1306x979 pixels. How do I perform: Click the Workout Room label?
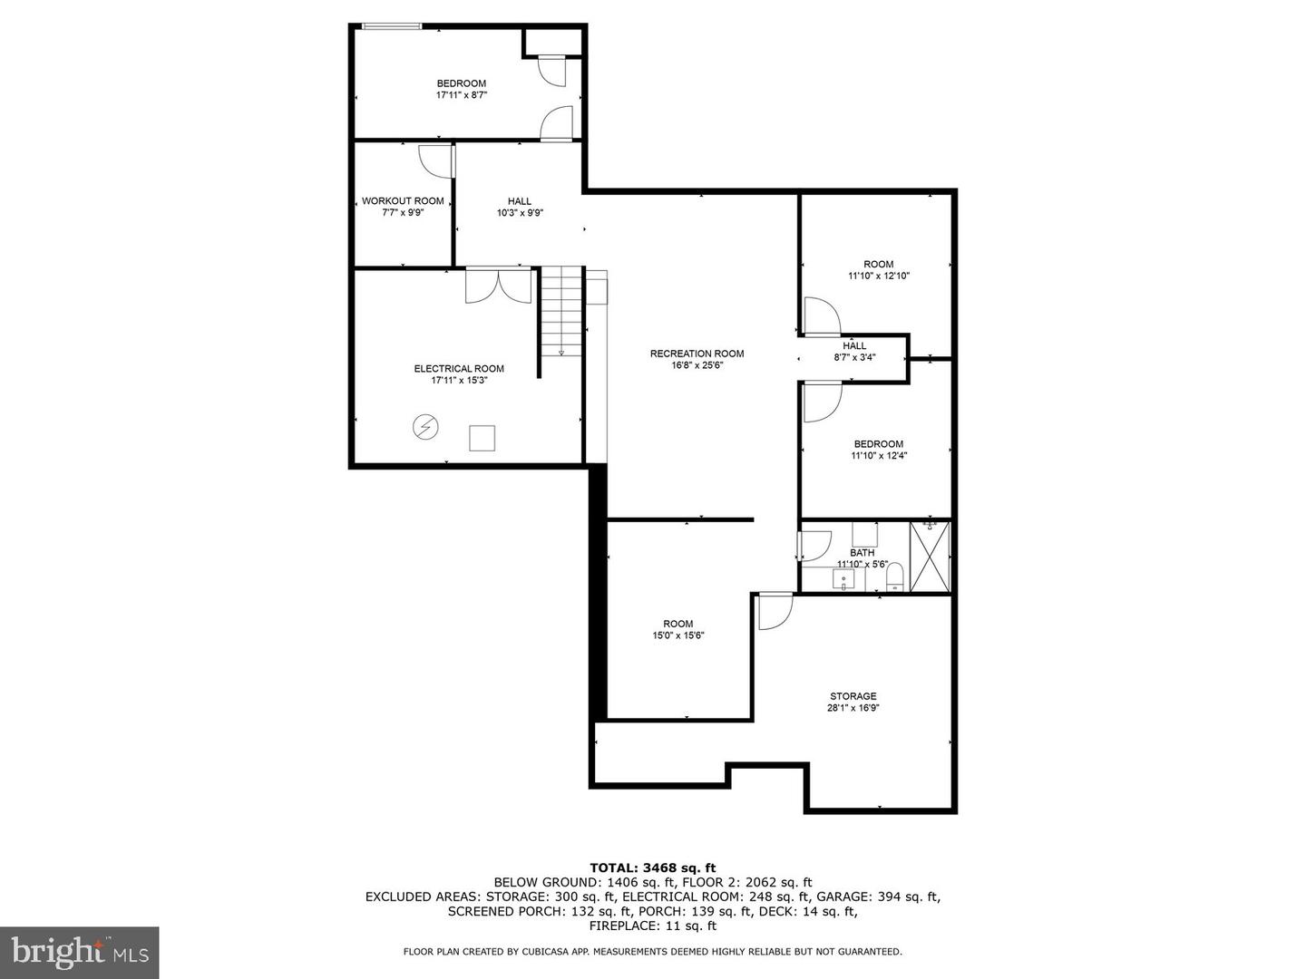coord(403,201)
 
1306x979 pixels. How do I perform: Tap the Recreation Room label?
coord(697,354)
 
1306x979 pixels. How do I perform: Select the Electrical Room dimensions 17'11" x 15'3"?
coord(459,381)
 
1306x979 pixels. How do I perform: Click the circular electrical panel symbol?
coord(425,426)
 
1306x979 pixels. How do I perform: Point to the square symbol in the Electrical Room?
coord(482,438)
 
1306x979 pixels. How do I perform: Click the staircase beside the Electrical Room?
coord(561,311)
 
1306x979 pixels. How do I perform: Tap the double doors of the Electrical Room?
coord(498,286)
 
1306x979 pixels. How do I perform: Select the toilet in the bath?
coord(895,578)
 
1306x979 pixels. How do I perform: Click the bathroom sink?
coord(843,579)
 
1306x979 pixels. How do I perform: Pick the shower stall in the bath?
coord(930,557)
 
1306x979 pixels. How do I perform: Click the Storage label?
coord(853,696)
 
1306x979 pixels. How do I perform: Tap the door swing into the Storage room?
coord(775,612)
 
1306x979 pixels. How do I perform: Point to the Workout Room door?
coord(437,161)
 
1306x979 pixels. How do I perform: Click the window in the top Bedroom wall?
coord(392,26)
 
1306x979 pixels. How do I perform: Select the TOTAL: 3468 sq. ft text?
coord(653,868)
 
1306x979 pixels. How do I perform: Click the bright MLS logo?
coord(79,952)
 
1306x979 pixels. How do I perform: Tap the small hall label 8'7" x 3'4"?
coord(854,357)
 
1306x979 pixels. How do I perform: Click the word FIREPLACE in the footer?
coord(619,926)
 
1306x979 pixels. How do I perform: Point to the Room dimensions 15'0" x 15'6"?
coord(678,635)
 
